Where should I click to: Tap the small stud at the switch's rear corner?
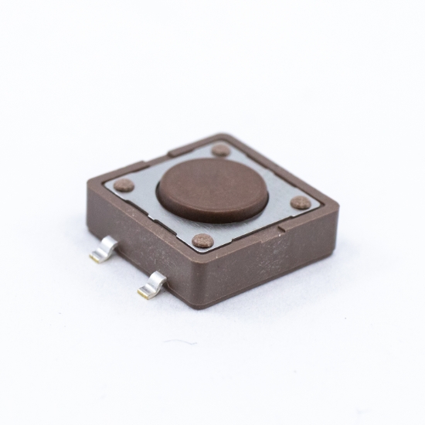click(x=221, y=149)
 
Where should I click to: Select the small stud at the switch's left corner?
click(x=124, y=185)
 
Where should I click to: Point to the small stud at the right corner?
click(x=301, y=202)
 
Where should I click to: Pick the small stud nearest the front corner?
click(x=202, y=240)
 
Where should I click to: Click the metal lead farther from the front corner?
click(x=104, y=249)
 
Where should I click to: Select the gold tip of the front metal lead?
click(x=144, y=293)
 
